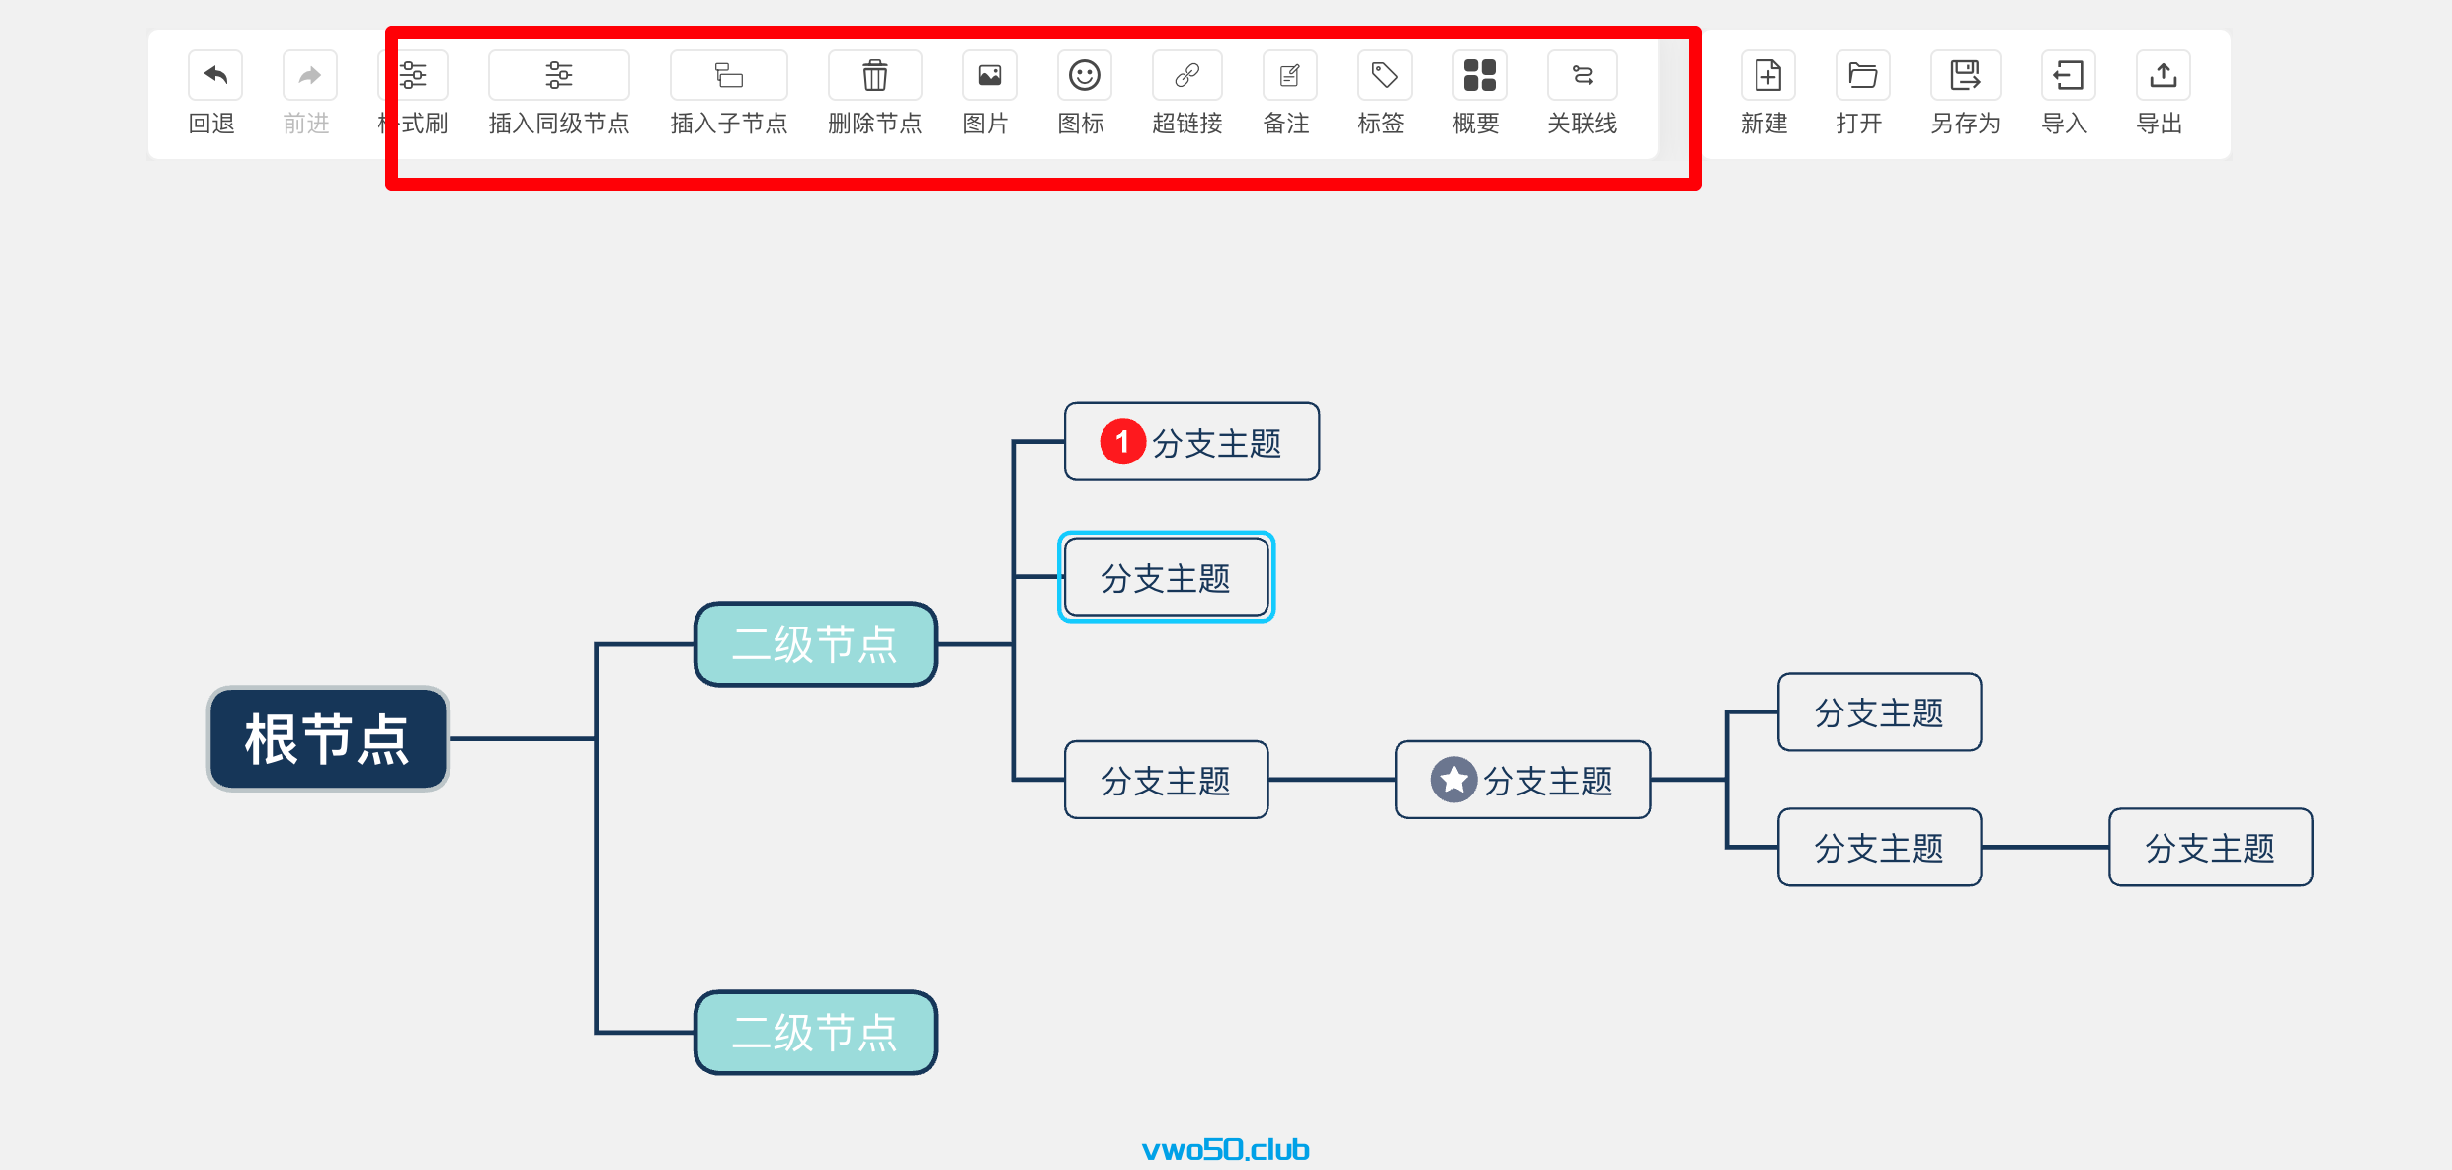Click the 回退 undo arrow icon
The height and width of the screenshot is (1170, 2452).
(214, 75)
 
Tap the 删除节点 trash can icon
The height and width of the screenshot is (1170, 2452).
(874, 75)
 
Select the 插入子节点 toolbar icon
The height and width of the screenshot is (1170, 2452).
(728, 75)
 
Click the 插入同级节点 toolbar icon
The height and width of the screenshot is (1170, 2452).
(558, 75)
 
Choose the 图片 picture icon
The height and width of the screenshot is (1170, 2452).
(989, 75)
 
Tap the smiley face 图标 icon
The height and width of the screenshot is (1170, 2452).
(1084, 75)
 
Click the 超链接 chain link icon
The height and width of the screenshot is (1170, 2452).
(1186, 75)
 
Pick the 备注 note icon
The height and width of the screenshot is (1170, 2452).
(1289, 75)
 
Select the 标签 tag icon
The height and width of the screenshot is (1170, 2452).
(1384, 75)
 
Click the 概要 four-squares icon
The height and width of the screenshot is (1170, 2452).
(1479, 75)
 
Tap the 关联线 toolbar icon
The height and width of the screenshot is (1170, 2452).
(1582, 75)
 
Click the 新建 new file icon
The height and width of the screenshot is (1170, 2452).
(1767, 75)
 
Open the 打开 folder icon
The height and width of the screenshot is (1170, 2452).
(1862, 75)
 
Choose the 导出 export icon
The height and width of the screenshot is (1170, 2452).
(2163, 75)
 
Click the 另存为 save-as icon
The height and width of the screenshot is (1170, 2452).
(1965, 75)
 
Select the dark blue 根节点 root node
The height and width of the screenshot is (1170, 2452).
(328, 739)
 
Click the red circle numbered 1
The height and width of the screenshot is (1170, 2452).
(1122, 442)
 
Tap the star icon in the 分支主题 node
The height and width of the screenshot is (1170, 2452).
(1453, 781)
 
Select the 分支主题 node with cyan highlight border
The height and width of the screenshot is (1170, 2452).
(1166, 577)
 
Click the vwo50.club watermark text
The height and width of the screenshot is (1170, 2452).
(1225, 1149)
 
